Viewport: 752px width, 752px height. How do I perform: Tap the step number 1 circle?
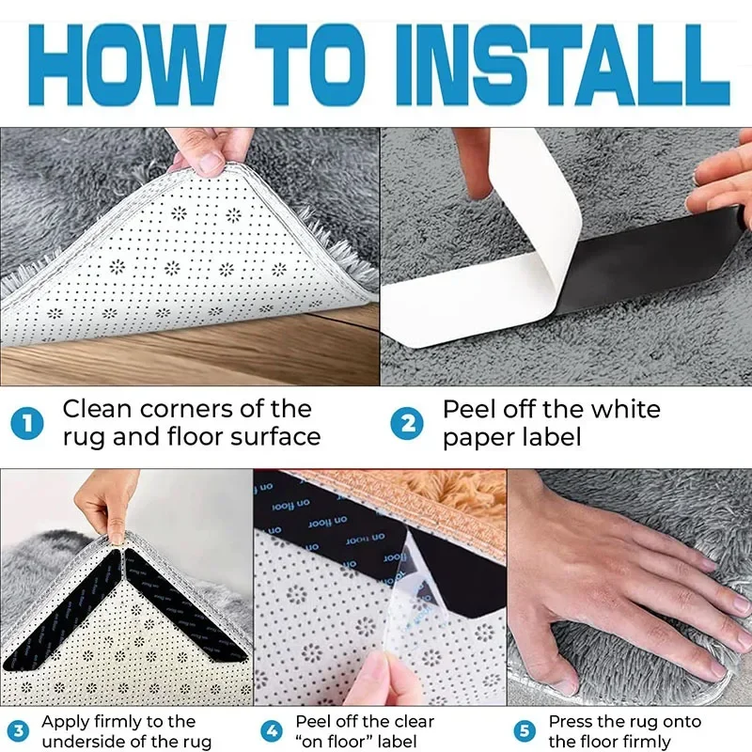pos(29,423)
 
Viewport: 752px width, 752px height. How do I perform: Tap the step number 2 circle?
pos(409,423)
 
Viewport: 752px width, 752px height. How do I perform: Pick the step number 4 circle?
pos(272,731)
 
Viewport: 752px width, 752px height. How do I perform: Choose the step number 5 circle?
pos(525,731)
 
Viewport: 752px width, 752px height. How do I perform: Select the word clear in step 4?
pos(410,722)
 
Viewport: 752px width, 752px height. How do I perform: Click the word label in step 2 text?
pos(549,437)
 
